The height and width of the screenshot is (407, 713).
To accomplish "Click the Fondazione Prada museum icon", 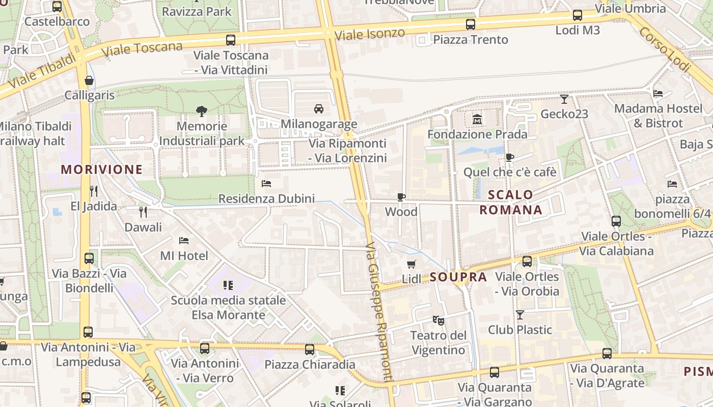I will coord(477,120).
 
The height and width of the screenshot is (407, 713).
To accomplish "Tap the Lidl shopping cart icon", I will coord(412,264).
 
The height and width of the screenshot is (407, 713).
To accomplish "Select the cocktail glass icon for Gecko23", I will coord(564,99).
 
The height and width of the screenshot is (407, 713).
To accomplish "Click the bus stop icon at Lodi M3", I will coord(577,15).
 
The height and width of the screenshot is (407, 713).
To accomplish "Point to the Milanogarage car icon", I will coord(319,109).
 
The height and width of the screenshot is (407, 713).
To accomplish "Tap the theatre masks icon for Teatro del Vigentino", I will coord(438,321).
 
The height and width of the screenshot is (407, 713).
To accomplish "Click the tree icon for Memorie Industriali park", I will coord(202,111).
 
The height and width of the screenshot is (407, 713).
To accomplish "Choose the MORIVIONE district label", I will coord(102,170).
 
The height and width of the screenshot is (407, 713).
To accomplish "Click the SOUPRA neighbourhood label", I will coord(458,277).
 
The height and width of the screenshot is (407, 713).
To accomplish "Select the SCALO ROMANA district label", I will coord(511,202).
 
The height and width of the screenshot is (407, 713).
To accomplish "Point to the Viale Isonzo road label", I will coord(370,34).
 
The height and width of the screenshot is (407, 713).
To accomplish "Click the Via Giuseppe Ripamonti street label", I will coord(379,311).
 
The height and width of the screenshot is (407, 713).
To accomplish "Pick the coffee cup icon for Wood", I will coord(401,197).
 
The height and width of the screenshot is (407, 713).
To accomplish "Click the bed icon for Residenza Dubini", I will coord(266,184).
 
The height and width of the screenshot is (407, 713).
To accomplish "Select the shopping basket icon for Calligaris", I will coord(89,80).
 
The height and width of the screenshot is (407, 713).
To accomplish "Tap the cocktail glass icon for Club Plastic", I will coord(519,315).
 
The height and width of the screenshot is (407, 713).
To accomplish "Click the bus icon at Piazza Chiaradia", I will coord(309,350).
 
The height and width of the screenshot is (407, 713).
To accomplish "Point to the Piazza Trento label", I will coord(471,40).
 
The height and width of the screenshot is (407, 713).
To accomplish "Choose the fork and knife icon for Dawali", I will coord(143,212).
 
